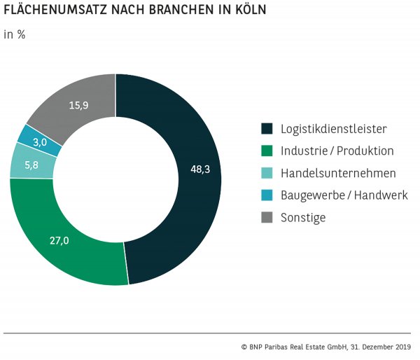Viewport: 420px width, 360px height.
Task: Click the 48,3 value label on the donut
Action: coord(200,169)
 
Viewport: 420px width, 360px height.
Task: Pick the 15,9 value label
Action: coord(78,106)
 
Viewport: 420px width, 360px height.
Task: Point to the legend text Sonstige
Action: coord(303,218)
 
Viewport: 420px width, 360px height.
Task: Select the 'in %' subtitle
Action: coord(15,34)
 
